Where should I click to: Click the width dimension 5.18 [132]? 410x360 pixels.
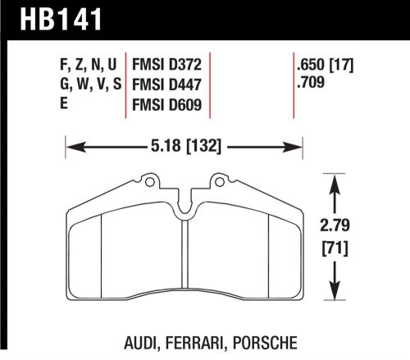click(184, 148)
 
